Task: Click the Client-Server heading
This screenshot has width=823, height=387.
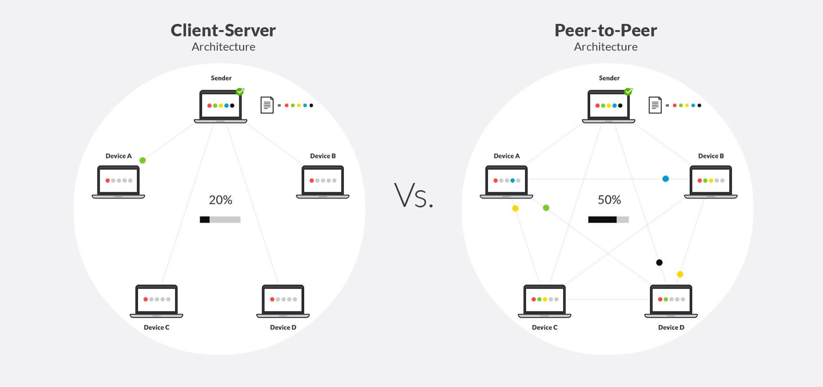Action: point(223,31)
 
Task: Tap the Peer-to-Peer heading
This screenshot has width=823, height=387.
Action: point(605,31)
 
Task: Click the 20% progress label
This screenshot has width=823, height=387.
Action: point(221,200)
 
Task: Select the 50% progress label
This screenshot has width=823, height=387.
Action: point(609,200)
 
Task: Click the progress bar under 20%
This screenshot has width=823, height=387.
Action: point(220,220)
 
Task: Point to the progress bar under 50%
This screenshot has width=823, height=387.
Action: point(608,220)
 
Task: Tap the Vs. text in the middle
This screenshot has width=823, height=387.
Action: point(414,196)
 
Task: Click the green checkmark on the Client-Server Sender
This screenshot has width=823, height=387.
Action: point(240,91)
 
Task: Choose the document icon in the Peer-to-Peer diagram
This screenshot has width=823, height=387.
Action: point(655,105)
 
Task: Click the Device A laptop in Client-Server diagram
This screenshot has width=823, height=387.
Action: point(118,182)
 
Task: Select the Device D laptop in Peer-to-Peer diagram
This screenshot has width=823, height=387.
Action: point(671,301)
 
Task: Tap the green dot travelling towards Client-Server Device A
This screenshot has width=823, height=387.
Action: point(143,161)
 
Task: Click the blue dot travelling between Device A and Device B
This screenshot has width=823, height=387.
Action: point(666,179)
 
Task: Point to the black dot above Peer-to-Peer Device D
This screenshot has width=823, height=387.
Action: point(659,262)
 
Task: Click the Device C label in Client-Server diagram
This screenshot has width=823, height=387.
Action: point(156,327)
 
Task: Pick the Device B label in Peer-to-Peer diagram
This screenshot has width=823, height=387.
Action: point(711,156)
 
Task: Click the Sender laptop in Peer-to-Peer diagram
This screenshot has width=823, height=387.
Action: point(608,107)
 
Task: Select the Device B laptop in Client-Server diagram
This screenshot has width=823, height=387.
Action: point(323,182)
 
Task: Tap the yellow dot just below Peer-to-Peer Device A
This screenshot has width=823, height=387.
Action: point(515,208)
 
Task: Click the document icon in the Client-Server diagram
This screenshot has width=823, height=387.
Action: point(267,105)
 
